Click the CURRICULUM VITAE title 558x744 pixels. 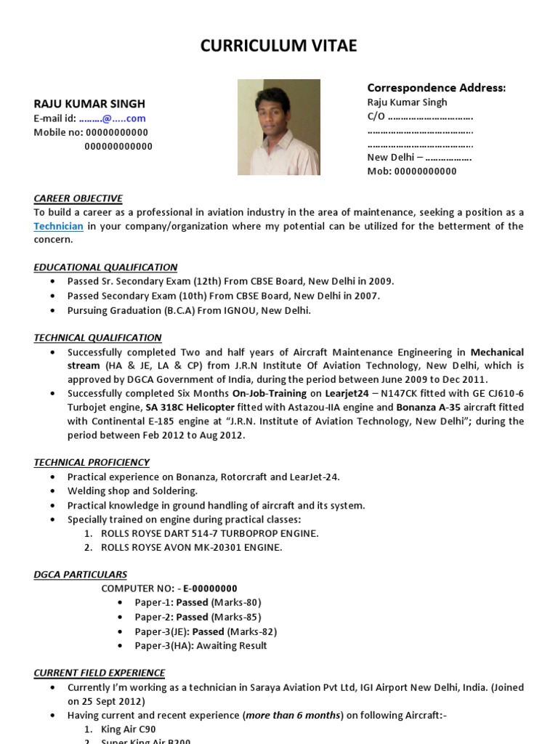pyautogui.click(x=279, y=46)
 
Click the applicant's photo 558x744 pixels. pyautogui.click(x=278, y=127)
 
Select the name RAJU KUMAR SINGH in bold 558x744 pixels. pyautogui.click(x=89, y=104)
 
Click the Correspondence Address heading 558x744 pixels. pyautogui.click(x=436, y=88)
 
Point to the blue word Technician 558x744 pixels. pyautogui.click(x=59, y=226)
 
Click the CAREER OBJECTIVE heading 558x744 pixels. pyautogui.click(x=78, y=198)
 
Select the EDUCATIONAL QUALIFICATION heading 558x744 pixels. pyautogui.click(x=105, y=267)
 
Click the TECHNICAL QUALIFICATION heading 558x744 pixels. pyautogui.click(x=97, y=337)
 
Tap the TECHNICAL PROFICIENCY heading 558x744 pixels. pyautogui.click(x=92, y=462)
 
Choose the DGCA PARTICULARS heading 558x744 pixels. pyautogui.click(x=80, y=574)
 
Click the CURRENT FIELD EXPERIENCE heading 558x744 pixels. pyautogui.click(x=99, y=673)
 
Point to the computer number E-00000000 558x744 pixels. pyautogui.click(x=210, y=589)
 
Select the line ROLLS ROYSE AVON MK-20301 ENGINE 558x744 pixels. pyautogui.click(x=192, y=547)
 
